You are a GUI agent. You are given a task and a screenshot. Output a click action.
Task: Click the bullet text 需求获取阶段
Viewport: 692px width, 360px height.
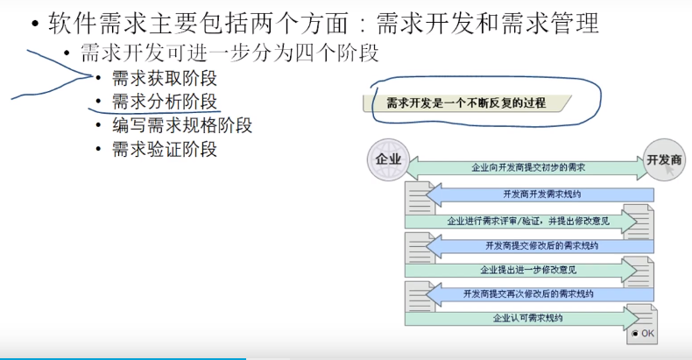coord(164,78)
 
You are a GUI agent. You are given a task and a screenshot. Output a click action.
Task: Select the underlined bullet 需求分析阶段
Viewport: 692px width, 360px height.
coord(164,101)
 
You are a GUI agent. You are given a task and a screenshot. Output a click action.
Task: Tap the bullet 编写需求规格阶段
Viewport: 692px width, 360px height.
coord(182,124)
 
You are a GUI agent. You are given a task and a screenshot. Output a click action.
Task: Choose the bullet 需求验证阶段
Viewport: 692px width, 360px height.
coord(164,148)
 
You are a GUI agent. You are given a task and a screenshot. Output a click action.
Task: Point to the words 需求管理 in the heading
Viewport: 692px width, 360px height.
coord(563,23)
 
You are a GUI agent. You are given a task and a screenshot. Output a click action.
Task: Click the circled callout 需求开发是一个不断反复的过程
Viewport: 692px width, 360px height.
coord(466,102)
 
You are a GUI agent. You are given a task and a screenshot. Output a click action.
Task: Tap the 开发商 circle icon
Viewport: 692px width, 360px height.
coord(663,160)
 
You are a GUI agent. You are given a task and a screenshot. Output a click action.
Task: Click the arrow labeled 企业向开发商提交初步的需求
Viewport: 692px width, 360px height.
coord(527,166)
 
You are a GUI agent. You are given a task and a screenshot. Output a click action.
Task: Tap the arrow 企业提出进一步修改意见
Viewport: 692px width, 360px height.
coord(527,269)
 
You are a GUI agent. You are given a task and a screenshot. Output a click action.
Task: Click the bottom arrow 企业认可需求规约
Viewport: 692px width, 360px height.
coord(527,318)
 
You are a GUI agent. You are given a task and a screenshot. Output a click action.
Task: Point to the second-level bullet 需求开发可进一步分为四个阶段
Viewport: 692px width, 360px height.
coord(229,52)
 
